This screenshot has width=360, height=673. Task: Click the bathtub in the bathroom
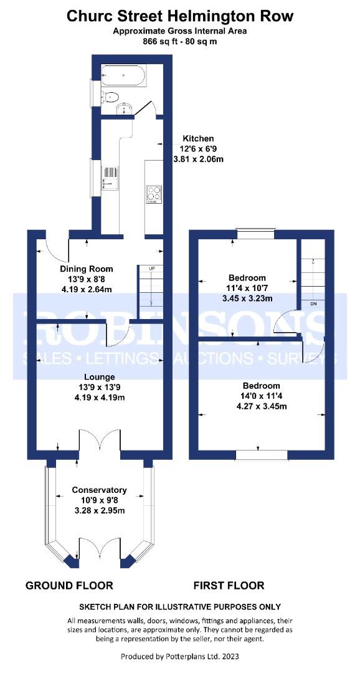pyautogui.click(x=123, y=75)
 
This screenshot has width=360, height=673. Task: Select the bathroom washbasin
pyautogui.click(x=125, y=109)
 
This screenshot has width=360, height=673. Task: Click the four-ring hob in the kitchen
pyautogui.click(x=153, y=193)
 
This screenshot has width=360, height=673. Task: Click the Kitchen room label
pyautogui.click(x=198, y=138)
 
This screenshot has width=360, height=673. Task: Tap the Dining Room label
pyautogui.click(x=87, y=269)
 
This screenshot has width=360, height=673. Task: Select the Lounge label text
pyautogui.click(x=99, y=377)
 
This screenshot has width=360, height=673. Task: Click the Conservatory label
pyautogui.click(x=99, y=490)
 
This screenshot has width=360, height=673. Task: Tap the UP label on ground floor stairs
pyautogui.click(x=151, y=268)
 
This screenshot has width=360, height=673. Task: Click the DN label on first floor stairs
pyautogui.click(x=313, y=303)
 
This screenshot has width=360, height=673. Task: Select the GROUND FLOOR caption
pyautogui.click(x=70, y=585)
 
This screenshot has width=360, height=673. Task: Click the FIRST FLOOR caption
pyautogui.click(x=229, y=585)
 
